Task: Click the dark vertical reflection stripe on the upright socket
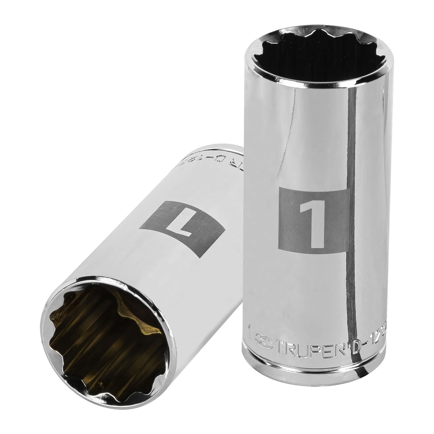pos(351,212)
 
